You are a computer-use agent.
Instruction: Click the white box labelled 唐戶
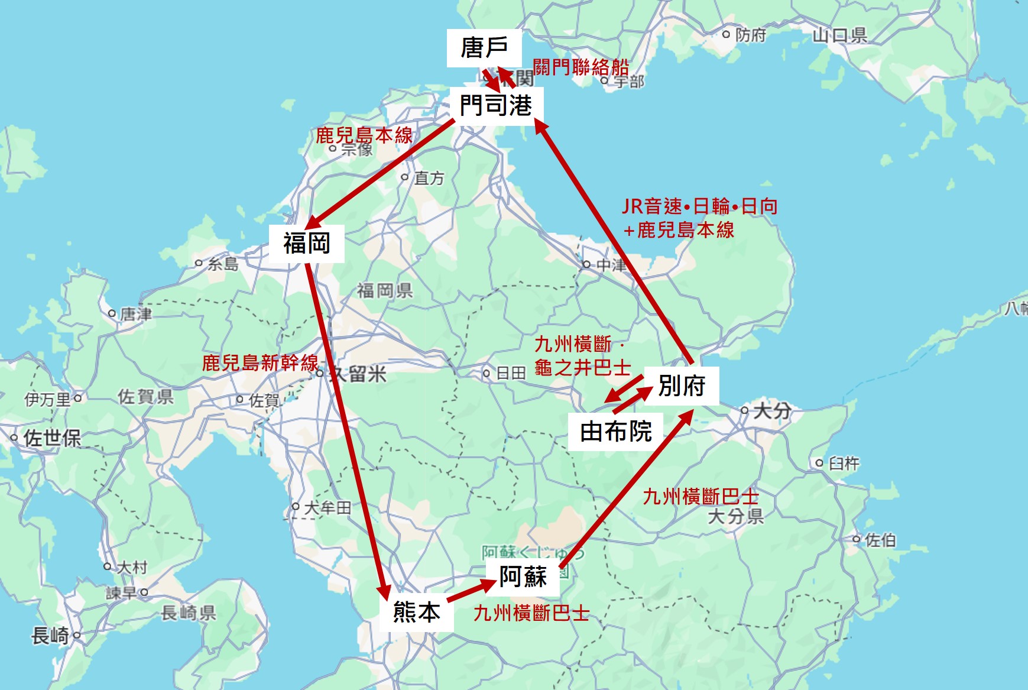click(x=484, y=47)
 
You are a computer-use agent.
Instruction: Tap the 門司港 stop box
click(x=495, y=106)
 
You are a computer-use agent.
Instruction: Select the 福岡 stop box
click(x=306, y=243)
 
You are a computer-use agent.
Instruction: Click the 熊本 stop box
click(x=416, y=612)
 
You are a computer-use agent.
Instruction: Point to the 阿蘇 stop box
click(x=523, y=576)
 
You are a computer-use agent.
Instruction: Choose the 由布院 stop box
click(x=615, y=432)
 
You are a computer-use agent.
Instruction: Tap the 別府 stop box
click(x=682, y=386)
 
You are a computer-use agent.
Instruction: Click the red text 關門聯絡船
click(x=581, y=67)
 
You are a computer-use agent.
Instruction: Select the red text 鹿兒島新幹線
click(x=260, y=362)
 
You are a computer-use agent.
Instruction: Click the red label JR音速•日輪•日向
click(x=699, y=206)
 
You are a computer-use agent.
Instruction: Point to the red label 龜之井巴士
click(x=582, y=368)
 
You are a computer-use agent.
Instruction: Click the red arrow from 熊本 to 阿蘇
click(x=471, y=591)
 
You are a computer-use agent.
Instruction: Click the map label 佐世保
click(x=52, y=438)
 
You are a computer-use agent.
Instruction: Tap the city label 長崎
click(x=50, y=636)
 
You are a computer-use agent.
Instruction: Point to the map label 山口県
click(x=839, y=35)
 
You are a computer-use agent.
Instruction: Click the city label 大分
click(x=771, y=410)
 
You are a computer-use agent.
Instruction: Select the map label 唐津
click(x=136, y=313)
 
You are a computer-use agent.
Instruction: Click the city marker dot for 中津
click(x=586, y=264)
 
